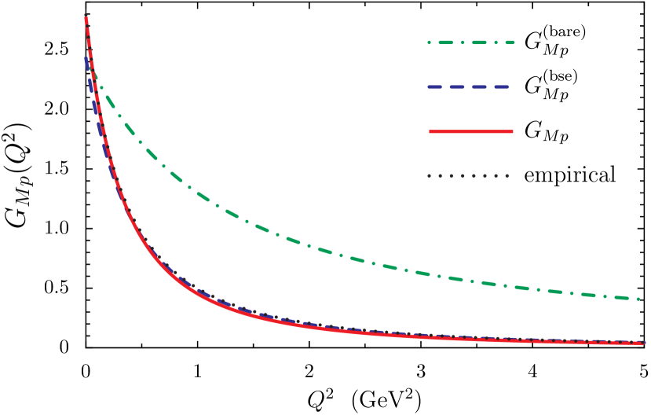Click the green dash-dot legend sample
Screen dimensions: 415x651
(471, 42)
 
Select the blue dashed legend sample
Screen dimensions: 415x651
(468, 86)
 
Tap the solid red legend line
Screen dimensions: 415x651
(471, 131)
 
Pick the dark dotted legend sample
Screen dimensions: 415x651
(468, 176)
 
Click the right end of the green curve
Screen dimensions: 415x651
(639, 299)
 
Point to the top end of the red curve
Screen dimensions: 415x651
(86, 17)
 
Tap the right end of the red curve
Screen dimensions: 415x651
(644, 343)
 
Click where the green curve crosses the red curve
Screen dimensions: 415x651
(93, 75)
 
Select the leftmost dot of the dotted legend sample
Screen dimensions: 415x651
(430, 176)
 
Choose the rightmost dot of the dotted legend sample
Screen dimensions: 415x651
(507, 176)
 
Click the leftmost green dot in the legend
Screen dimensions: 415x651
(429, 42)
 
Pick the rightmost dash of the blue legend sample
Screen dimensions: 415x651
(499, 86)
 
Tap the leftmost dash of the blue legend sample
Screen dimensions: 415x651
(436, 86)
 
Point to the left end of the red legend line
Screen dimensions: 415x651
(430, 131)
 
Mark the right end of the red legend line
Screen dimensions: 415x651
(512, 131)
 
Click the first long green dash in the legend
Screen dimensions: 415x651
(446, 42)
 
